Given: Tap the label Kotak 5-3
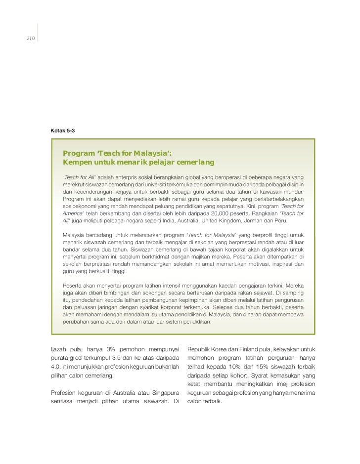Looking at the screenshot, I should (63, 129).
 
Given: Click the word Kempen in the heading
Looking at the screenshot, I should (80, 162).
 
